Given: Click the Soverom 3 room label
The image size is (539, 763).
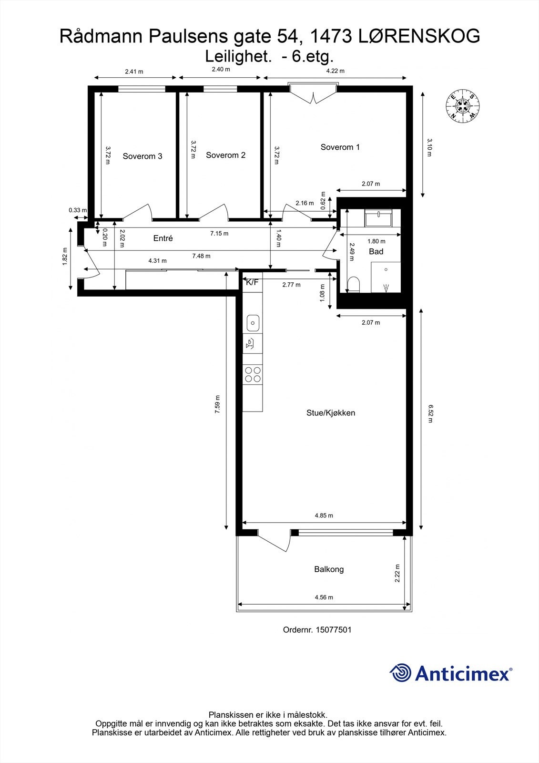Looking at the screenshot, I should point(142,156).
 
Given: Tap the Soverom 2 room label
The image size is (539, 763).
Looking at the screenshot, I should point(225,155).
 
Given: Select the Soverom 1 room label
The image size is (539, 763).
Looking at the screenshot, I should point(340,147).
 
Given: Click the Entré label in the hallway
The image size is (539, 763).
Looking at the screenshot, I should point(163,238).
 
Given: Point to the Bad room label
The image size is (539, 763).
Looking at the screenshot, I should point(376,251).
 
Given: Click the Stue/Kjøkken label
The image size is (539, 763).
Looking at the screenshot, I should point(330,412).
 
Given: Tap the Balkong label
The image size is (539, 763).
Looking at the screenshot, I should point(328,569).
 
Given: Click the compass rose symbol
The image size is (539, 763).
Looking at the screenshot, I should point(462,107).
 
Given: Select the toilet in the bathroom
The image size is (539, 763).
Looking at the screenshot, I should point(354,285).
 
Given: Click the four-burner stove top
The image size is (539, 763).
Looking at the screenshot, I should point(253,374).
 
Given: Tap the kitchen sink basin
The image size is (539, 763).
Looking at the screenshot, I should point(253,323).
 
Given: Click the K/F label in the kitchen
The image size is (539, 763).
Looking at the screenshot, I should point(252,282).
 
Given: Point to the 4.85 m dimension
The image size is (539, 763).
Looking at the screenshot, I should point(324,515).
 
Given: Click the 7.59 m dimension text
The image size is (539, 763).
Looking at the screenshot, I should point(217,404).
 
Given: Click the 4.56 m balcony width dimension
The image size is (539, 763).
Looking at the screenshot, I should point(324,597).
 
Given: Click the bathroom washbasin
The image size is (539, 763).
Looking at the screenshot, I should point(378,218).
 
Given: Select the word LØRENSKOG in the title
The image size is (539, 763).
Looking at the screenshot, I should point(418,36).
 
